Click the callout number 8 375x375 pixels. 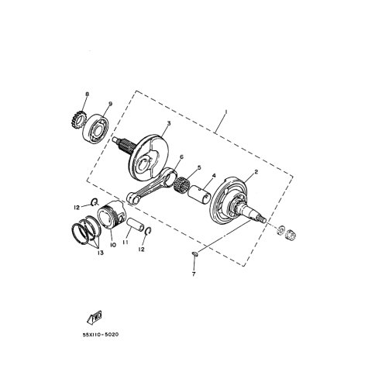[x=87, y=95]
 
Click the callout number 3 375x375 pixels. [x=168, y=123]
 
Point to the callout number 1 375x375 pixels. [x=225, y=112]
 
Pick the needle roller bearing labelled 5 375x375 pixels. [x=181, y=184]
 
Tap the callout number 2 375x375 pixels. [x=256, y=172]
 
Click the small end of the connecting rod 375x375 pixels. [x=132, y=198]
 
